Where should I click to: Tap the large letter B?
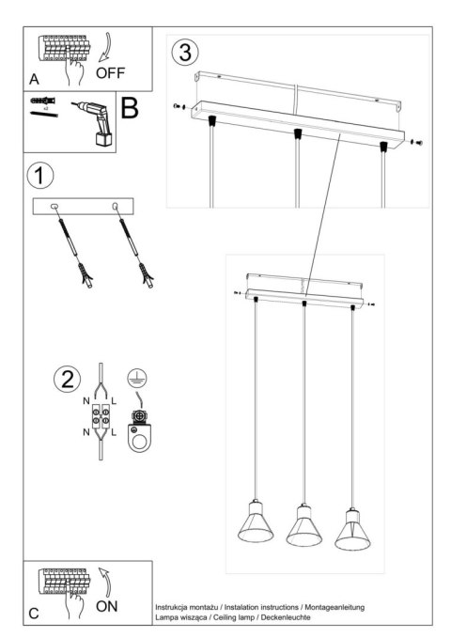pos(130,109)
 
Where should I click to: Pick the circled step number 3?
pos(184,52)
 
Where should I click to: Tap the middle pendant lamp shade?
pos(303,528)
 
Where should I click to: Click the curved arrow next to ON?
pos(105,583)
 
